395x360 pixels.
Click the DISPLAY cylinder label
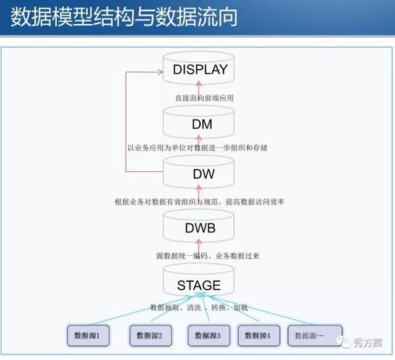click(x=200, y=70)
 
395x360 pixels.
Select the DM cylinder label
click(x=202, y=124)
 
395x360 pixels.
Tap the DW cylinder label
click(x=204, y=174)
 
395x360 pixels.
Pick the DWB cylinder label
click(x=200, y=228)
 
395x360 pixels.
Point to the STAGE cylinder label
click(x=199, y=285)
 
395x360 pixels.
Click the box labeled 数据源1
click(x=88, y=335)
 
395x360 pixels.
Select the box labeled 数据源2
click(x=151, y=335)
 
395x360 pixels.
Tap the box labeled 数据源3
click(x=209, y=335)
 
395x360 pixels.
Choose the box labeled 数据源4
click(x=259, y=335)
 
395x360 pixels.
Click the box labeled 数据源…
click(x=315, y=335)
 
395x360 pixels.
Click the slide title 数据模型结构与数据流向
click(x=123, y=17)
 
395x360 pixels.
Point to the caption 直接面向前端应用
click(x=204, y=98)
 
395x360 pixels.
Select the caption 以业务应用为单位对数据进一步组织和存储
click(x=197, y=148)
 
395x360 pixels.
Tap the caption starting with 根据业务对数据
click(x=199, y=202)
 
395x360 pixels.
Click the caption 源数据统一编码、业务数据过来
click(x=208, y=256)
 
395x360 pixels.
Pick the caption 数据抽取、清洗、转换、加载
click(x=199, y=308)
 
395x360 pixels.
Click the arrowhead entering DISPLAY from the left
click(x=160, y=73)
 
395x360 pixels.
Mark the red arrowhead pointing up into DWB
click(x=199, y=242)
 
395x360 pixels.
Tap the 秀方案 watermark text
click(x=368, y=343)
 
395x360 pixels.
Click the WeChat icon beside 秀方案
click(x=344, y=342)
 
